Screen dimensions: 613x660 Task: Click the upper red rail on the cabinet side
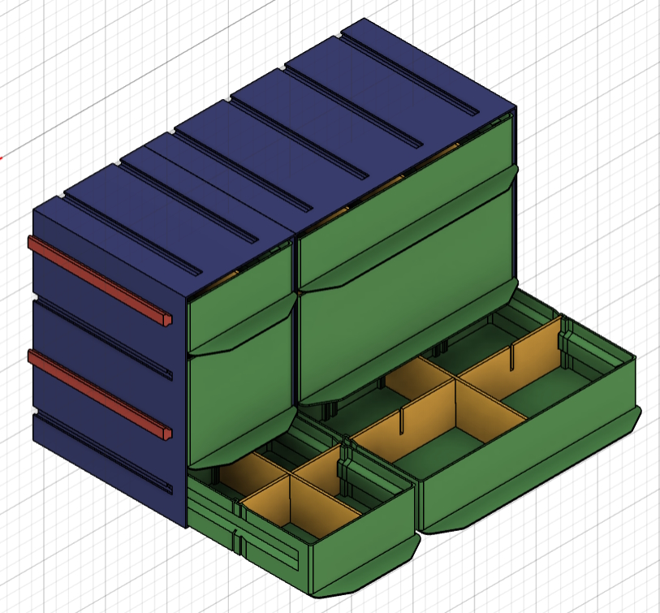click(97, 279)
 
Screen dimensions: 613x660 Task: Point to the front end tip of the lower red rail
click(167, 433)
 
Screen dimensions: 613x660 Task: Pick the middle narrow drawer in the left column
click(239, 398)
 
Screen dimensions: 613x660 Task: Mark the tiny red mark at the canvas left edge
click(2, 157)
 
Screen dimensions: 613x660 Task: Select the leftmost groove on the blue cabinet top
click(122, 223)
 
